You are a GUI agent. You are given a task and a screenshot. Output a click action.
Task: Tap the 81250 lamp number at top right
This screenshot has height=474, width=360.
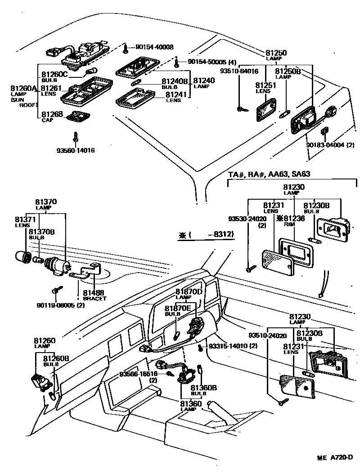tap(275, 53)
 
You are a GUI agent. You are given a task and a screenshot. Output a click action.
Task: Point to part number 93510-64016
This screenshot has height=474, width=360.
tap(239, 71)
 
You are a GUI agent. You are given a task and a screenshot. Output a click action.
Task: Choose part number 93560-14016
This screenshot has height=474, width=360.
tap(76, 151)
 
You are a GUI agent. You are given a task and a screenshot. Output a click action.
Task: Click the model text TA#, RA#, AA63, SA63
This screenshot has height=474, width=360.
tap(269, 174)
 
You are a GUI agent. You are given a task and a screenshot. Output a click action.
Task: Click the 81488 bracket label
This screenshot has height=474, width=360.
tap(94, 293)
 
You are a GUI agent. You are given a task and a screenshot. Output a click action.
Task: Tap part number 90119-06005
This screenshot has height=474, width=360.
tap(60, 306)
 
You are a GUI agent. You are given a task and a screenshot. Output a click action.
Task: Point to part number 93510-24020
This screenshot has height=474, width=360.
tap(267, 335)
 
